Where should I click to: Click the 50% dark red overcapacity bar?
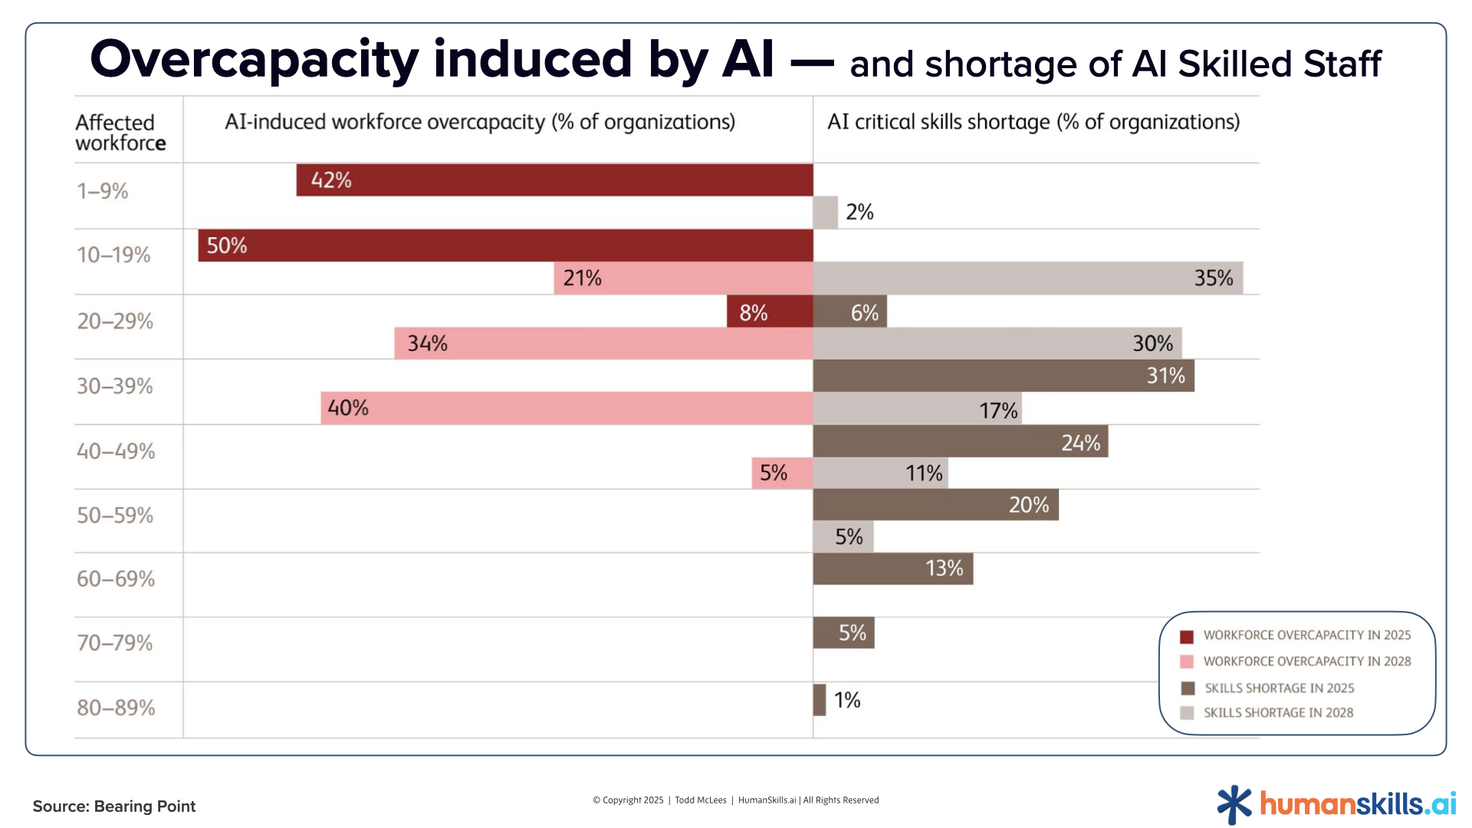506,245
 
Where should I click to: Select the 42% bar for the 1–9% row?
554,180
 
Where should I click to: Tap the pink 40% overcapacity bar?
567,408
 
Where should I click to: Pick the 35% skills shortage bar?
1027,278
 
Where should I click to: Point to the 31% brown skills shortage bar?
1003,376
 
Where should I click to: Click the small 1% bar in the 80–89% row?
820,700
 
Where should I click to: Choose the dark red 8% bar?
770,312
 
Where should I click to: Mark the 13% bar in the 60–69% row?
892,569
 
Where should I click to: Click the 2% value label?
859,212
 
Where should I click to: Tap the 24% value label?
1080,443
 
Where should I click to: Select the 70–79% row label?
115,642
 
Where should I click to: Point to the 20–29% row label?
115,321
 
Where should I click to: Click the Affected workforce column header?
120,133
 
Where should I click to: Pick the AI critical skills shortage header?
1033,122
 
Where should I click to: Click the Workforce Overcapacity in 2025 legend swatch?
1187,636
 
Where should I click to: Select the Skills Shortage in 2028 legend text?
1278,713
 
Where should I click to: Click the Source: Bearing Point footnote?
114,807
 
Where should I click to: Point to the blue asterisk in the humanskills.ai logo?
1234,805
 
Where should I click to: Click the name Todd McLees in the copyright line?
700,800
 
